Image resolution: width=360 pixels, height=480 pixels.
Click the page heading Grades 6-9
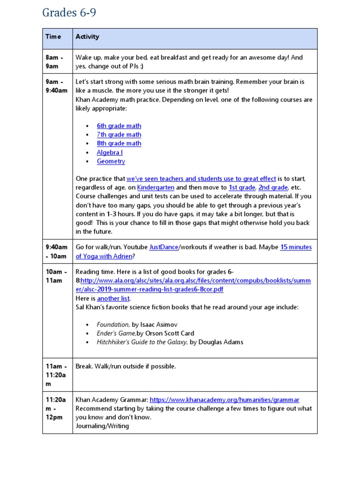pos(69,13)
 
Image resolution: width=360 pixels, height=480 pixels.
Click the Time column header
pos(53,37)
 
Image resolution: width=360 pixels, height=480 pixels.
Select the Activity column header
pos(87,37)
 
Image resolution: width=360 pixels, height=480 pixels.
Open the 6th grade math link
pos(119,126)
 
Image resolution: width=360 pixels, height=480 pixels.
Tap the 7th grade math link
pos(119,135)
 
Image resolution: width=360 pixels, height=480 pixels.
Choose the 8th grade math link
pos(119,143)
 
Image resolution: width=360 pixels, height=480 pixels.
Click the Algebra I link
pos(110,152)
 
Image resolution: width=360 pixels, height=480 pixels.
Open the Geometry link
pos(111,161)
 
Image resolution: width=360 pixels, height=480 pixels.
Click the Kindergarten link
pos(155,187)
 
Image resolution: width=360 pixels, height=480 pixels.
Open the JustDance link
pos(164,247)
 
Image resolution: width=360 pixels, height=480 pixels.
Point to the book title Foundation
pos(112,324)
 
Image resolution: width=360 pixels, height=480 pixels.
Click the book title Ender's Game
pos(116,333)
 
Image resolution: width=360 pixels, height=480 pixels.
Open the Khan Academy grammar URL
pos(224,399)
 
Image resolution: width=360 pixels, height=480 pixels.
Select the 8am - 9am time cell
pos(52,62)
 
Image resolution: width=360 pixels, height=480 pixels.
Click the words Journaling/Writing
pos(102,426)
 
